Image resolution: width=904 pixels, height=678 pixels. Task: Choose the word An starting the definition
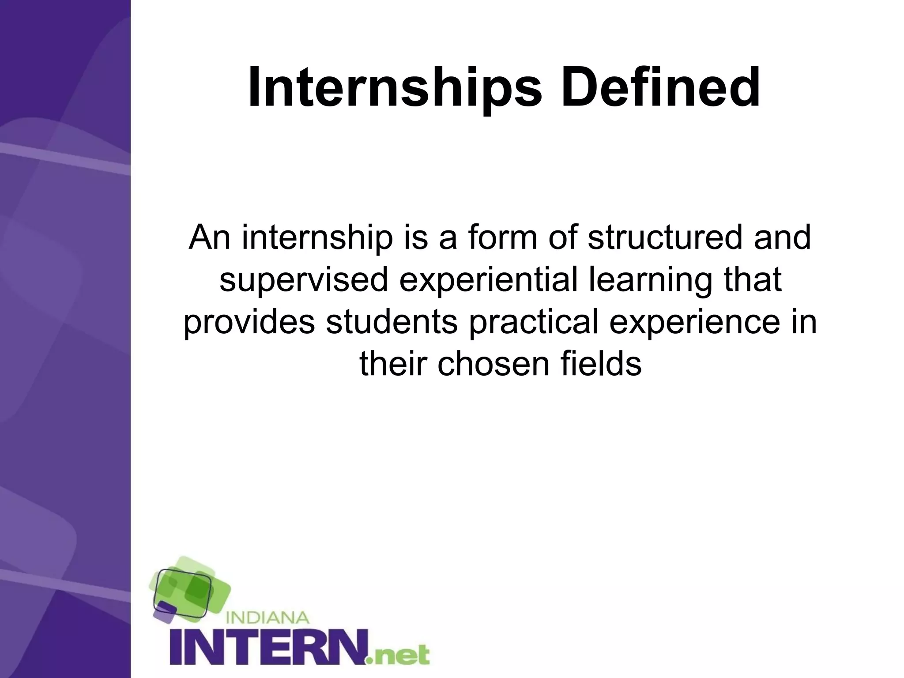[x=210, y=237]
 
